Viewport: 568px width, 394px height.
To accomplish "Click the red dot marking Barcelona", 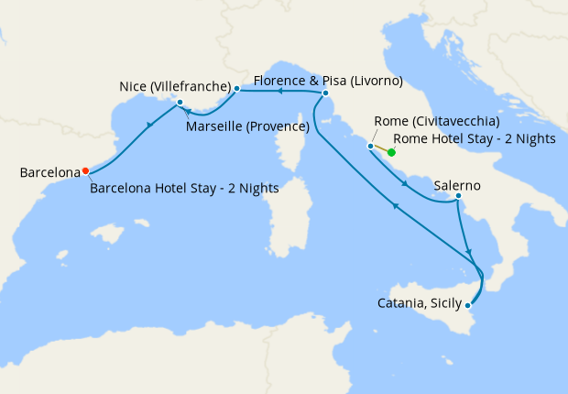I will pyautogui.click(x=85, y=170).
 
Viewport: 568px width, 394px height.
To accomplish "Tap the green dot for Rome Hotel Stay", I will pyautogui.click(x=391, y=152).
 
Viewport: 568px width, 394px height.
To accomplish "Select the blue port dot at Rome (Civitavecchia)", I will pyautogui.click(x=370, y=146).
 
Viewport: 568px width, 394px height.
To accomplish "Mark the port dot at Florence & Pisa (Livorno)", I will pyautogui.click(x=325, y=93).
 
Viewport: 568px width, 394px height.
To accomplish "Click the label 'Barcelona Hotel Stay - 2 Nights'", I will pyautogui.click(x=184, y=189).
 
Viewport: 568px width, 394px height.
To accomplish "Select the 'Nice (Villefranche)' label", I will pyautogui.click(x=173, y=87).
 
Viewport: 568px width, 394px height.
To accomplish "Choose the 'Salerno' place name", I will pyautogui.click(x=457, y=184).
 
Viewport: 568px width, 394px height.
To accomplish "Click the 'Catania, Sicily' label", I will pyautogui.click(x=421, y=302).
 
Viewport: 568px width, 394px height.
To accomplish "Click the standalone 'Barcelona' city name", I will pyautogui.click(x=49, y=172).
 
